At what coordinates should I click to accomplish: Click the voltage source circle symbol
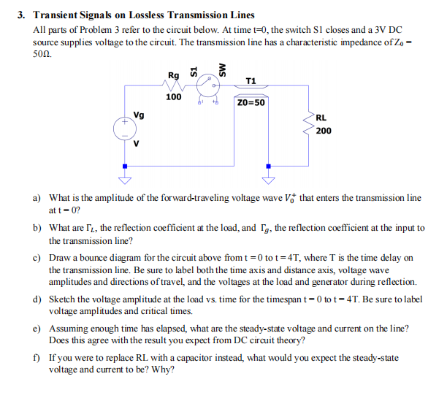coord(125,129)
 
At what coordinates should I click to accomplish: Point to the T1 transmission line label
coord(251,80)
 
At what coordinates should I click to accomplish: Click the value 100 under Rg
coord(173,97)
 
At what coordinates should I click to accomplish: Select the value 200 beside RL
coord(324,131)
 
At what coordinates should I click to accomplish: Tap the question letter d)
coord(37,299)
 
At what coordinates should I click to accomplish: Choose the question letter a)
coord(37,198)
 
